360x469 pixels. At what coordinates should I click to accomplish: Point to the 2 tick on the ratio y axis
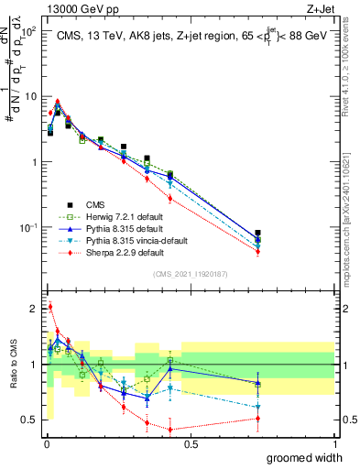click(34, 308)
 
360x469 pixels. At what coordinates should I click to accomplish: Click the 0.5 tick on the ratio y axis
click(30, 420)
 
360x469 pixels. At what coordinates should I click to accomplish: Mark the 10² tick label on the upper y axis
click(29, 32)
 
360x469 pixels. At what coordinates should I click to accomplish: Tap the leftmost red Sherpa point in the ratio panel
click(49, 307)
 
